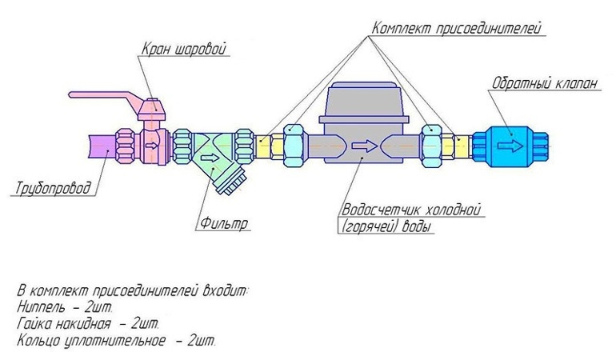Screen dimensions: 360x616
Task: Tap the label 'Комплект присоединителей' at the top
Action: tap(457, 29)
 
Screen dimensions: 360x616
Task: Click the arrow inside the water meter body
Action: tap(365, 146)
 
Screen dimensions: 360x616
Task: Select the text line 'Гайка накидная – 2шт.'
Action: tap(88, 323)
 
